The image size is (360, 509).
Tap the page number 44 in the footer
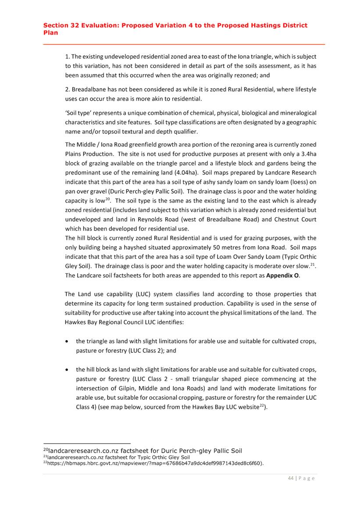(x=291, y=478)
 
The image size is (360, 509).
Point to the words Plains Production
(x=92, y=154)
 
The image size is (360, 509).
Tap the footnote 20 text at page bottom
(x=145, y=451)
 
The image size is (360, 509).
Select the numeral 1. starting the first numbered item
(x=68, y=57)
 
